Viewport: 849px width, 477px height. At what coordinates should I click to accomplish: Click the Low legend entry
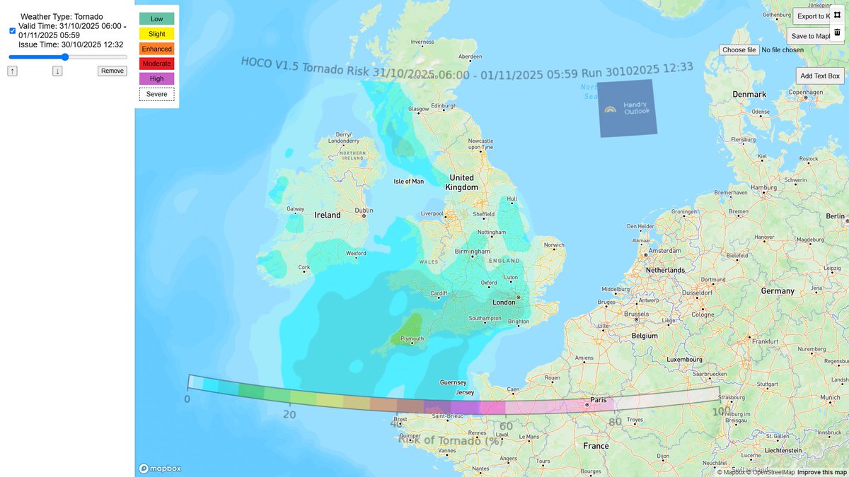coord(156,18)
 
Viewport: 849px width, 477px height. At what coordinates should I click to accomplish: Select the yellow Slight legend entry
coord(156,33)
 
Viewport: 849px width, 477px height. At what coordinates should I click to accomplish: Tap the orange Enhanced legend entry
coord(156,49)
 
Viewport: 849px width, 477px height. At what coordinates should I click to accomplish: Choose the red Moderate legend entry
coord(156,64)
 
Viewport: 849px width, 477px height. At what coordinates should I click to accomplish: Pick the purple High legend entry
coord(156,78)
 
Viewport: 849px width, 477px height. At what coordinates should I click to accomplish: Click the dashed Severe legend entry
coord(156,94)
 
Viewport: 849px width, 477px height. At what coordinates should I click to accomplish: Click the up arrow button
coord(13,71)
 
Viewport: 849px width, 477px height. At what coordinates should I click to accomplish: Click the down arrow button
coord(57,71)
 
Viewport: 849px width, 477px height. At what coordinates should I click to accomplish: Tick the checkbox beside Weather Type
coord(12,30)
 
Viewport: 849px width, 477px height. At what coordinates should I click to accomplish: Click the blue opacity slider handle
coord(65,57)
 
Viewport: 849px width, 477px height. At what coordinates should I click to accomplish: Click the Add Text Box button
coord(819,76)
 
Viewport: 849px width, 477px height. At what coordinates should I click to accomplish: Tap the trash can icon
coord(837,32)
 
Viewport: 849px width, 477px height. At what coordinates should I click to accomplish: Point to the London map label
coord(504,302)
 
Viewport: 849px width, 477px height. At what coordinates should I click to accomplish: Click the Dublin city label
coord(364,210)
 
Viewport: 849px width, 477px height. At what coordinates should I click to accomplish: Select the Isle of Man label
coord(408,182)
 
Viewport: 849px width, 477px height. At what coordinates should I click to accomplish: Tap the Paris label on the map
coord(598,400)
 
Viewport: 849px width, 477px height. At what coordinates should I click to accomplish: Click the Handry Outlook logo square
coord(627,109)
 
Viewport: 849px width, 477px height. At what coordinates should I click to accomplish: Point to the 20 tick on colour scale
coord(289,415)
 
